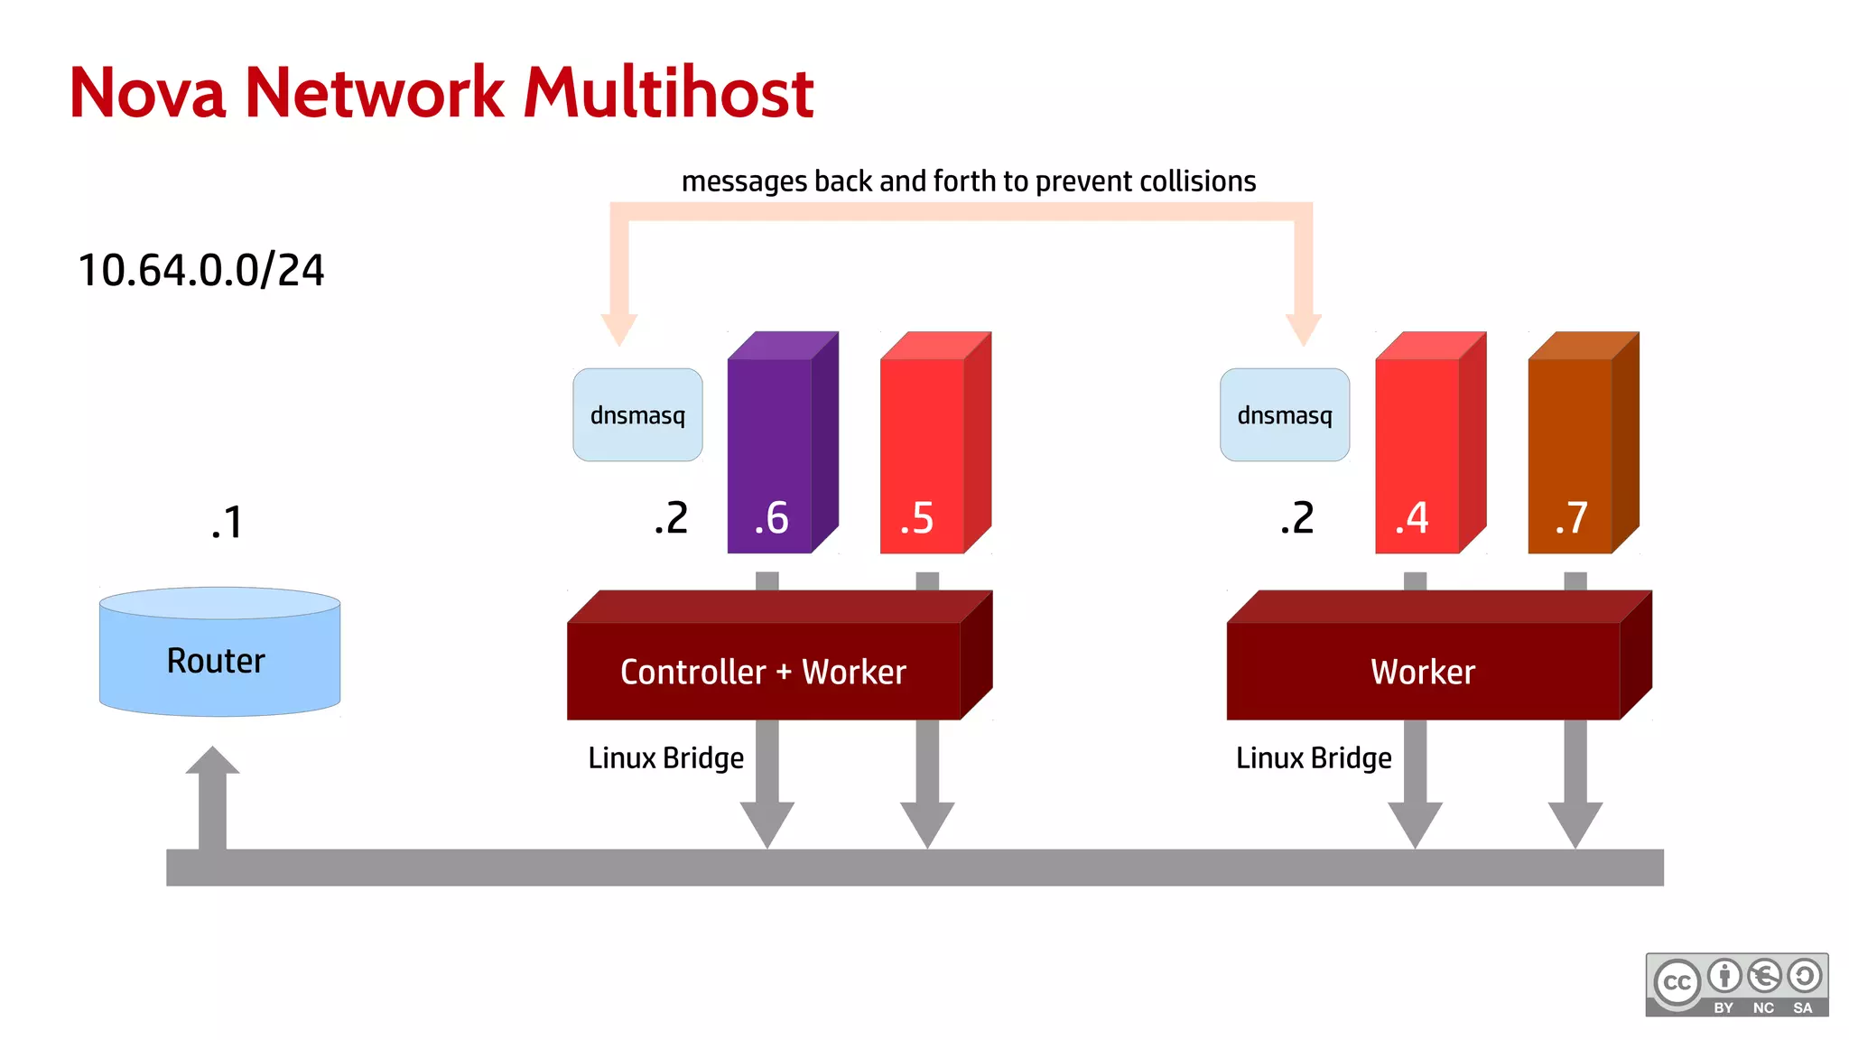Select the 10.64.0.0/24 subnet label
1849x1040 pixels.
200,270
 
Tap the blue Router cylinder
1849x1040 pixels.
219,659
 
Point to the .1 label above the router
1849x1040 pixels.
227,523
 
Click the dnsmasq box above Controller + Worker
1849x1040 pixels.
637,415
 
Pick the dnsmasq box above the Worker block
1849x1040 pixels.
1284,415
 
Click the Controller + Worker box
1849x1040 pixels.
764,671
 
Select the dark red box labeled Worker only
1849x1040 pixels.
1423,671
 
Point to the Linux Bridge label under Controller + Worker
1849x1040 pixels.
665,758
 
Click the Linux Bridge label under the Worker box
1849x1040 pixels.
1313,758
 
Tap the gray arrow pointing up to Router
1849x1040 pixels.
212,794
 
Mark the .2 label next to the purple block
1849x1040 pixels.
671,518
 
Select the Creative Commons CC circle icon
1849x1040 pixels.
1677,983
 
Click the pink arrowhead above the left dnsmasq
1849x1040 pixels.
619,329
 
